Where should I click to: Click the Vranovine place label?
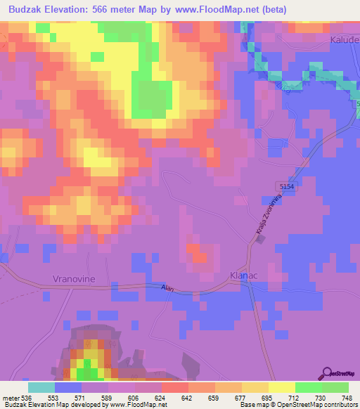coord(74,279)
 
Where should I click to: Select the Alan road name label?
coord(167,288)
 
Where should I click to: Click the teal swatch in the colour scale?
coord(41,387)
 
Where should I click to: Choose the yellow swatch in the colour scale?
coord(281,387)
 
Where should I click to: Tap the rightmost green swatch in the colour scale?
coord(335,387)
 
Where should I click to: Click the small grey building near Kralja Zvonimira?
coord(261,240)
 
